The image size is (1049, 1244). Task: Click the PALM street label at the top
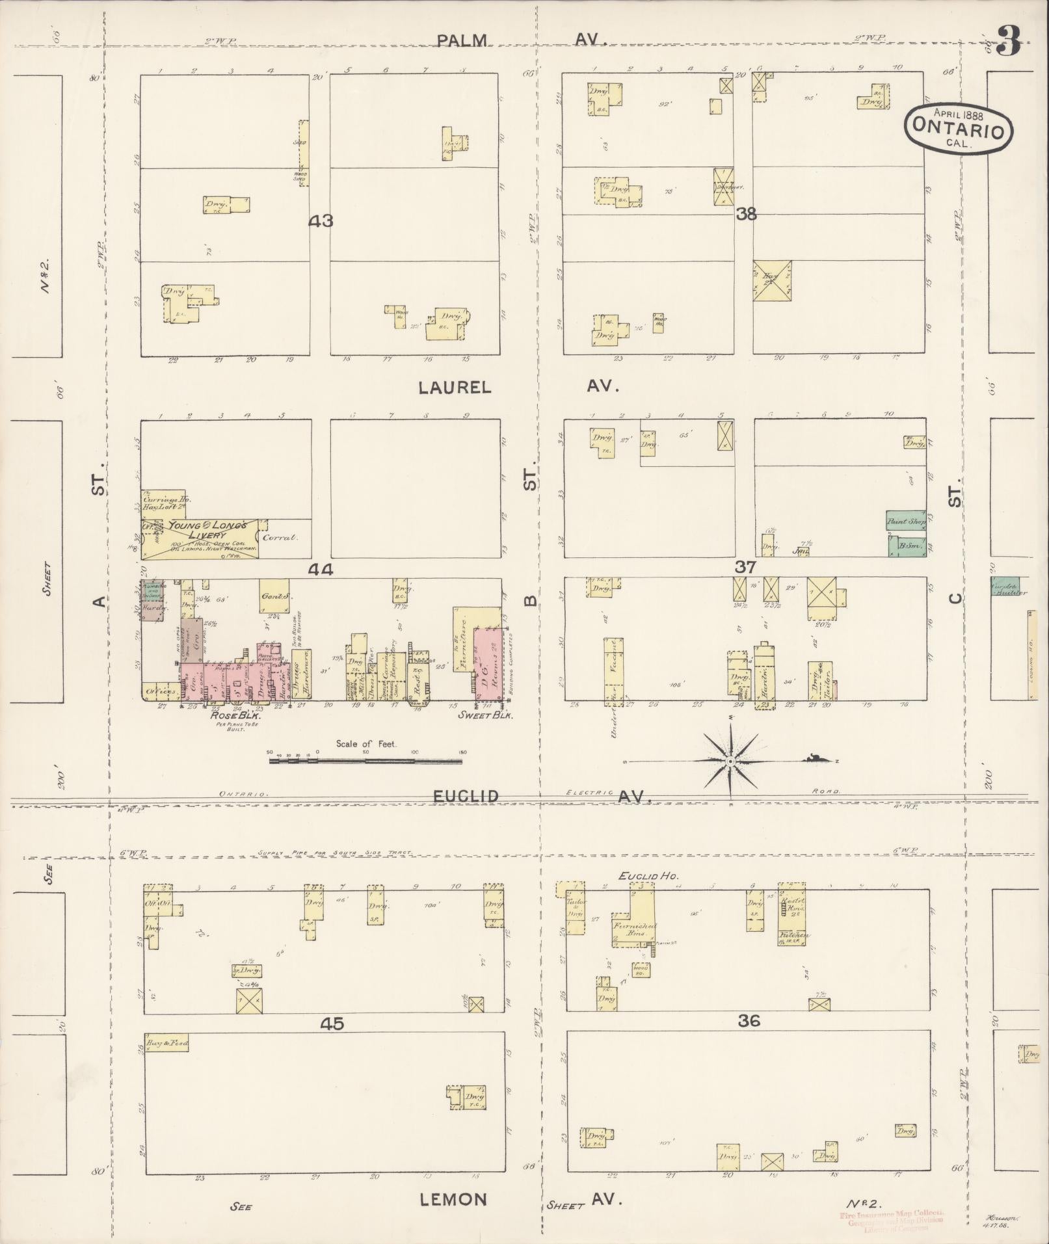[x=461, y=40]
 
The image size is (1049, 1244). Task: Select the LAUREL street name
[x=455, y=388]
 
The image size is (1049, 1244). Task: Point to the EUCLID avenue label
[x=466, y=796]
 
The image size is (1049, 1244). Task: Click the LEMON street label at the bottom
[x=453, y=1200]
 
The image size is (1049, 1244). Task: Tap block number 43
[x=321, y=221]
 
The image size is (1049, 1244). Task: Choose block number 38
[x=746, y=214]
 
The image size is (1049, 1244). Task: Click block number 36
[x=749, y=1022]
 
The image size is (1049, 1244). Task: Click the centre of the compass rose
[x=730, y=761]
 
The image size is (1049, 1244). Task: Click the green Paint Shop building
[x=907, y=521]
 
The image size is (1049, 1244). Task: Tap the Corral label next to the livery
[x=280, y=538]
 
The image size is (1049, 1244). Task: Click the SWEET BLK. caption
[x=486, y=715]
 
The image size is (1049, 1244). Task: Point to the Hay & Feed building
[x=166, y=1044]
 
